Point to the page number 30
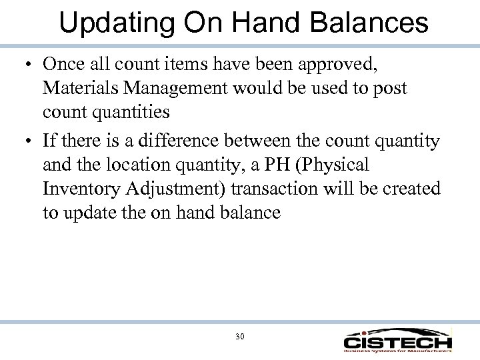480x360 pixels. (x=240, y=337)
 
